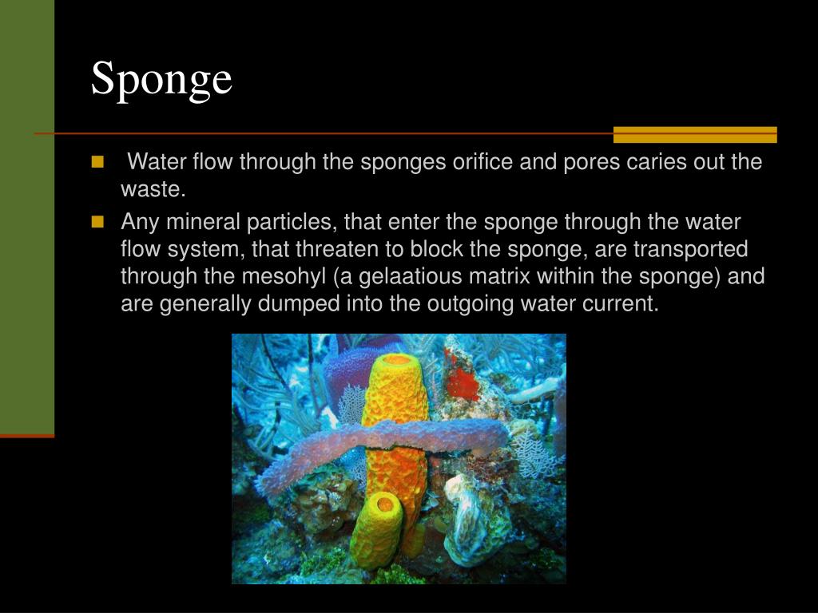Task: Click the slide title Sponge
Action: tap(161, 79)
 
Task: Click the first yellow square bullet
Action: tap(98, 162)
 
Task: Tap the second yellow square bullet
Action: tap(98, 221)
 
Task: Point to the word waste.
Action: tap(153, 190)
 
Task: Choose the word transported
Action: tap(691, 249)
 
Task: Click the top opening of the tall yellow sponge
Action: tap(395, 362)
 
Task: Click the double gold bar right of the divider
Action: tap(695, 135)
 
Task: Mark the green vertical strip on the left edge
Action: tap(27, 216)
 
